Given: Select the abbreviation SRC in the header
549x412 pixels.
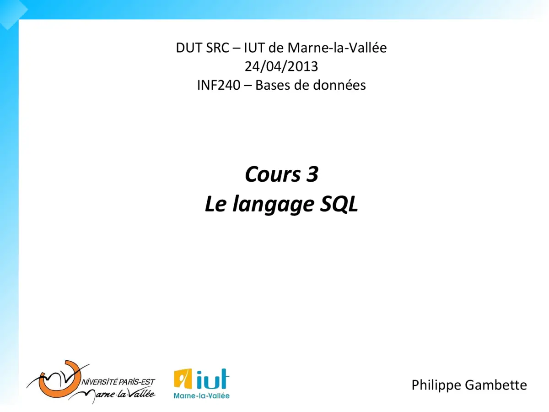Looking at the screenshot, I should click(x=216, y=48).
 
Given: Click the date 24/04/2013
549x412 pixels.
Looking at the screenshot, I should click(x=281, y=66).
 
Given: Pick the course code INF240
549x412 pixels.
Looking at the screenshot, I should click(x=218, y=85).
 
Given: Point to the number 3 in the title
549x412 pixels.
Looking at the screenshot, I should click(x=312, y=174).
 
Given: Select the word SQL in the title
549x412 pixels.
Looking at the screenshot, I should click(x=339, y=204).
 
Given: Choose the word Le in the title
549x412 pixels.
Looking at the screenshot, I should click(x=215, y=204).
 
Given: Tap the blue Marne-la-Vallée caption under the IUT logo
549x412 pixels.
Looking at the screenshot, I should click(x=201, y=395).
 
